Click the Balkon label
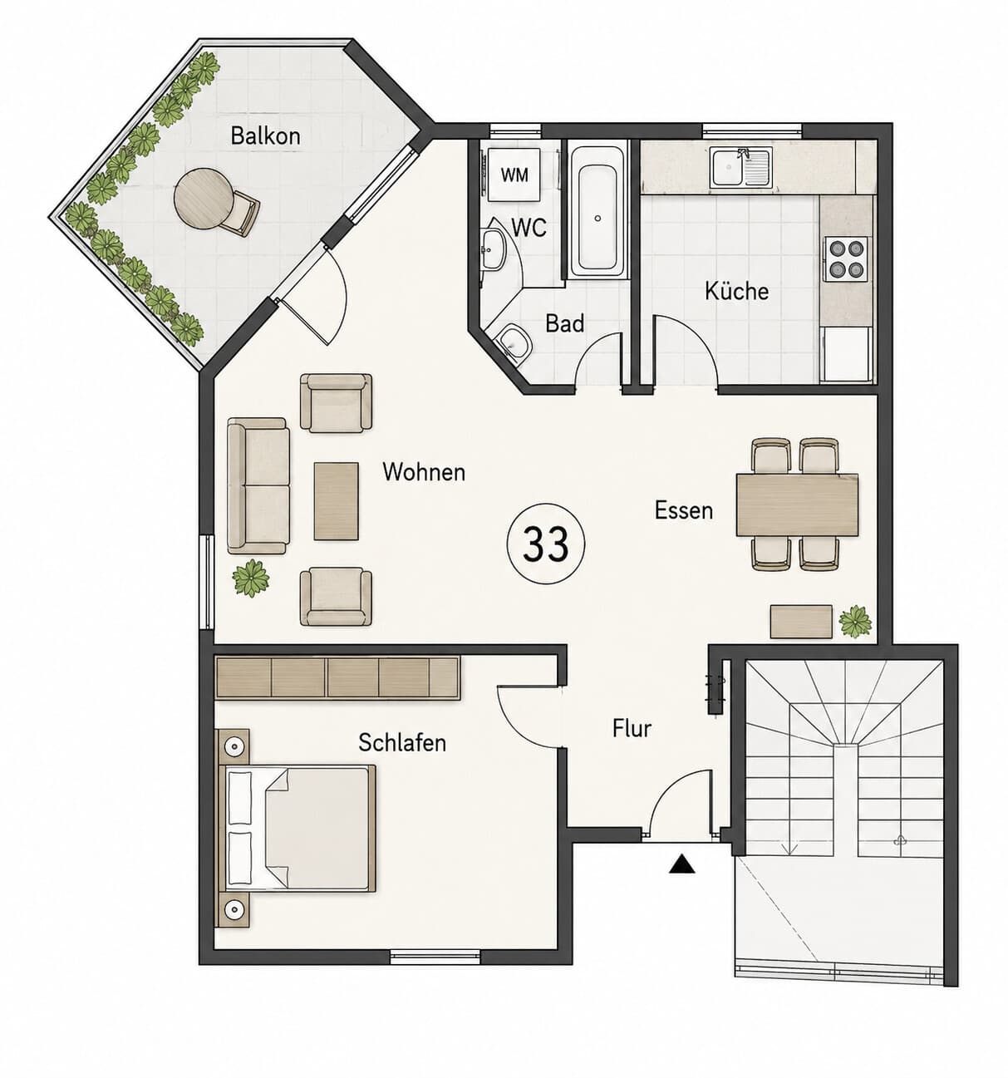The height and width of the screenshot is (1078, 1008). click(x=265, y=135)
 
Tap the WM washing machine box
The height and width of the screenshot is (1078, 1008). click(x=514, y=175)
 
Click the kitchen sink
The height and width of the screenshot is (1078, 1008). click(x=741, y=168)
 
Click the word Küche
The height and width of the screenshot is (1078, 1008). click(x=736, y=291)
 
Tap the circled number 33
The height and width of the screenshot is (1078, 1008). click(x=545, y=544)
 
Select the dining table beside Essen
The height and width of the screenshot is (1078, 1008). click(x=797, y=505)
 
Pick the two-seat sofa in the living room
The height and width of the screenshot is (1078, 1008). click(x=258, y=485)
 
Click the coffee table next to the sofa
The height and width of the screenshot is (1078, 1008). click(x=336, y=501)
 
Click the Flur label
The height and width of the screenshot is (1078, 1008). click(x=632, y=728)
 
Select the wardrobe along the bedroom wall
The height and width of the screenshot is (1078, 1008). click(x=337, y=677)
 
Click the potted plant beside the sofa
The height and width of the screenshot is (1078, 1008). click(x=251, y=578)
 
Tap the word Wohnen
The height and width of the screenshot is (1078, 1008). click(x=424, y=472)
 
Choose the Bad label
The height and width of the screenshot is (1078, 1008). click(x=564, y=323)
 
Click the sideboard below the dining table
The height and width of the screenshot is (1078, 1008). click(x=801, y=622)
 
